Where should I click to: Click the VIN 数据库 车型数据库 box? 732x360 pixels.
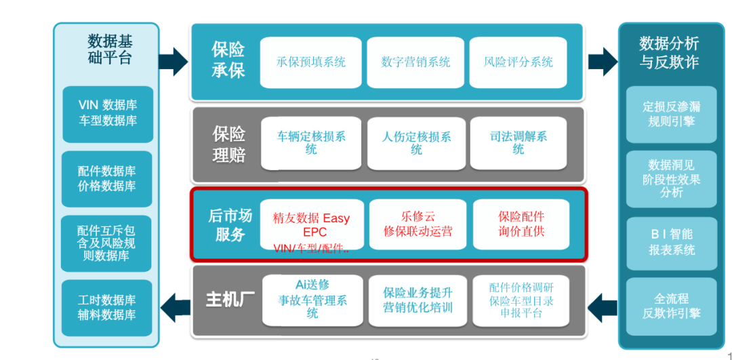[107, 113]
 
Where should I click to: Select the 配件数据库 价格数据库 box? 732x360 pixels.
[107, 178]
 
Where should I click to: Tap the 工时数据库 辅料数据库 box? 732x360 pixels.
[107, 308]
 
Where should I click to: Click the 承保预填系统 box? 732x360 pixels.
[310, 62]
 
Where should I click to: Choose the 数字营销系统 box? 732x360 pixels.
[415, 62]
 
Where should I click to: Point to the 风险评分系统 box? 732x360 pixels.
[518, 62]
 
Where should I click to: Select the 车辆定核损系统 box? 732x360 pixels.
[310, 143]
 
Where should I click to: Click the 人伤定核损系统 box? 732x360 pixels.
[415, 143]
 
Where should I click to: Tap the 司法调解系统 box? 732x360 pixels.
[518, 143]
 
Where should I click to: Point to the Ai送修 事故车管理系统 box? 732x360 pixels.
[311, 299]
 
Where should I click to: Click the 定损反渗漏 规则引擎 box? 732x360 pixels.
[671, 114]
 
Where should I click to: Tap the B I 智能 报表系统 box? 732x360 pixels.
[671, 242]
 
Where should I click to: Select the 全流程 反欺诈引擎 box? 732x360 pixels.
[671, 306]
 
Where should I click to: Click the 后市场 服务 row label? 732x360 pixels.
[229, 225]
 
